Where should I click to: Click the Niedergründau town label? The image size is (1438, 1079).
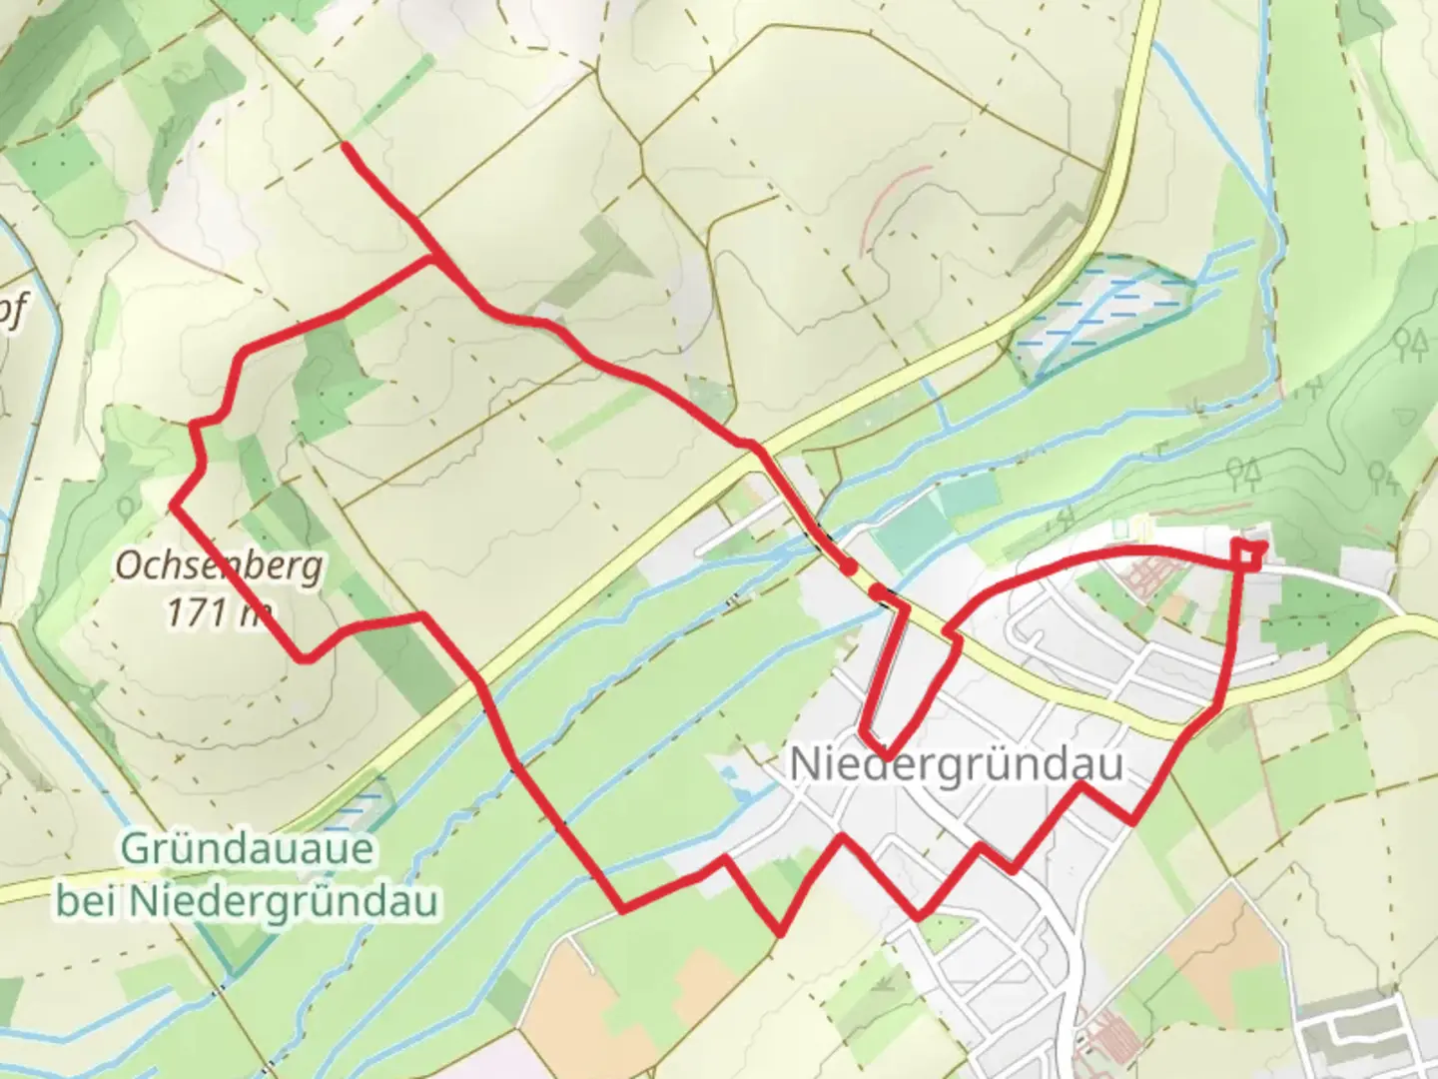tap(957, 765)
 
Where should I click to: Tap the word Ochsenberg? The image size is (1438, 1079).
tap(219, 565)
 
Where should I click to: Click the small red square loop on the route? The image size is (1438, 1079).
tap(1248, 552)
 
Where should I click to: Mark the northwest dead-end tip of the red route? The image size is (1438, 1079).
tap(345, 146)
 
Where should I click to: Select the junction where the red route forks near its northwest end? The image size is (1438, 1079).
tap(433, 259)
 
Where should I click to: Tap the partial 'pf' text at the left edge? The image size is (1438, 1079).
tap(12, 312)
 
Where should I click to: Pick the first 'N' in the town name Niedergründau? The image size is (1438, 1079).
tap(804, 765)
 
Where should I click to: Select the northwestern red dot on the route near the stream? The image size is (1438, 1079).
tap(847, 566)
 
